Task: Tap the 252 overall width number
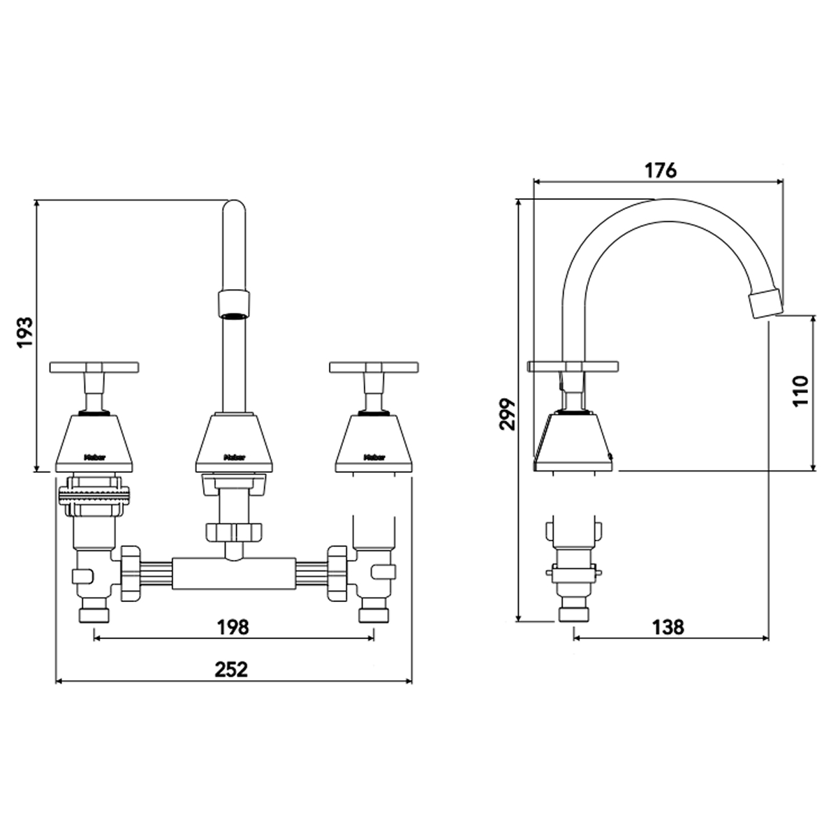(x=232, y=669)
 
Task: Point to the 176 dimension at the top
(x=660, y=171)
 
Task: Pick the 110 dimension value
(x=801, y=392)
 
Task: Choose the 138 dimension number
(x=668, y=627)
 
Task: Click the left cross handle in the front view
(x=94, y=367)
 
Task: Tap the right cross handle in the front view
(x=374, y=367)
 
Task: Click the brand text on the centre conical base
(x=233, y=458)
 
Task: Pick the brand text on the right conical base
(x=374, y=458)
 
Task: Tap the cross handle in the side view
(x=573, y=366)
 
